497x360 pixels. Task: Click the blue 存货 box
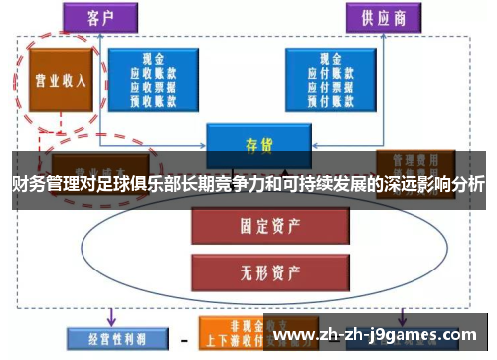pyautogui.click(x=252, y=141)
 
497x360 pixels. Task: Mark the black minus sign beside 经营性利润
pyautogui.click(x=183, y=338)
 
